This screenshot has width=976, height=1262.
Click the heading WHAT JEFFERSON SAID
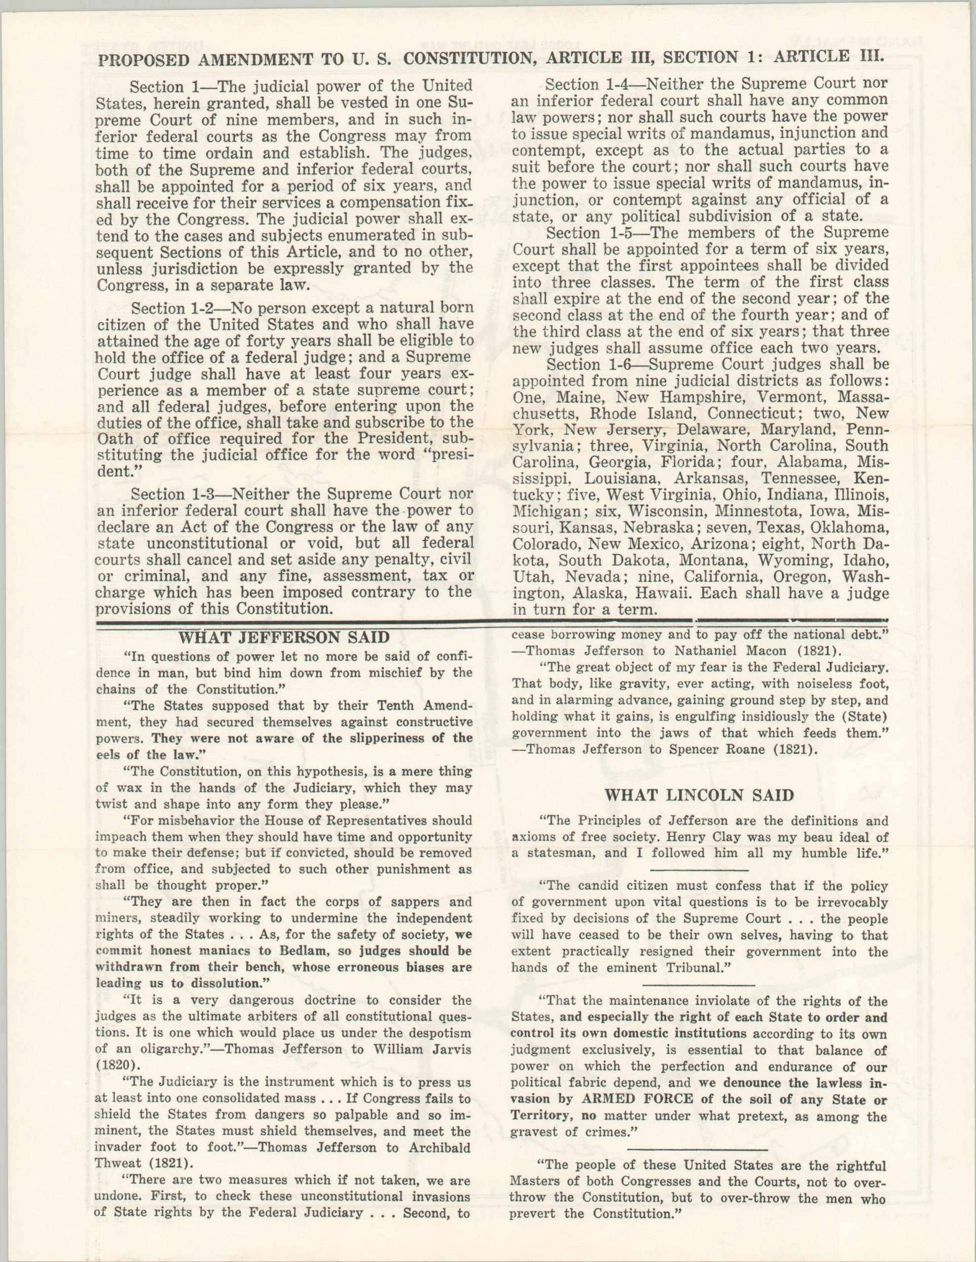[284, 637]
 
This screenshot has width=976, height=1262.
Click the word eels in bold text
[107, 755]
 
